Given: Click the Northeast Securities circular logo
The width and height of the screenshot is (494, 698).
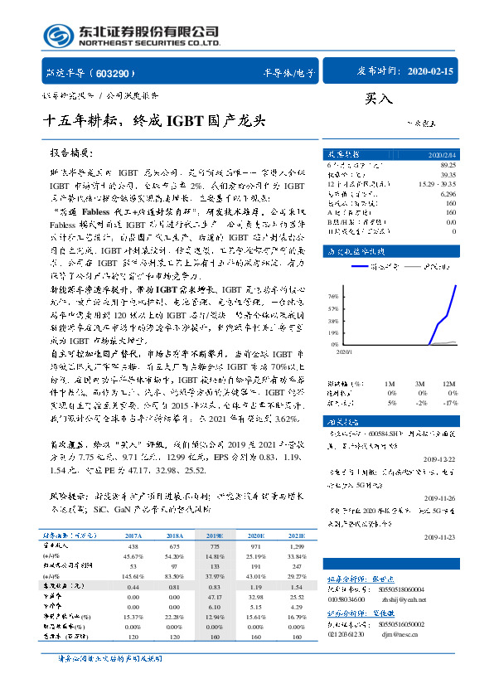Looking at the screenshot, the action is tap(58, 34).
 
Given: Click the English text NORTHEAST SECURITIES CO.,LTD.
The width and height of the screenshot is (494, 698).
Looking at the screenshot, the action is tap(149, 43).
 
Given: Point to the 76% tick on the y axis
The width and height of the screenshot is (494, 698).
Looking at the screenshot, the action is tap(333, 295).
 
